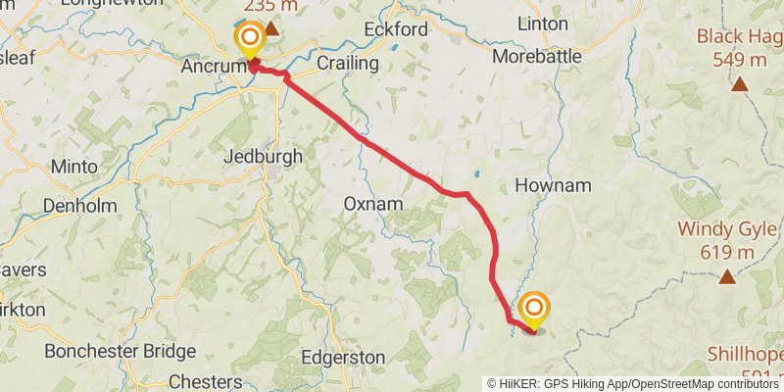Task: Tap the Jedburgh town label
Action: click(263, 156)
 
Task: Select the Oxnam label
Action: click(373, 204)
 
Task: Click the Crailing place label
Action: click(347, 63)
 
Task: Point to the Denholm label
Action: click(80, 206)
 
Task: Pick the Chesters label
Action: click(206, 381)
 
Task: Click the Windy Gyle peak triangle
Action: click(727, 277)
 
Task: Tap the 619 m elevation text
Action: click(726, 253)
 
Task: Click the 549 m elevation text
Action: click(739, 60)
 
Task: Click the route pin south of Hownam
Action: click(534, 311)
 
